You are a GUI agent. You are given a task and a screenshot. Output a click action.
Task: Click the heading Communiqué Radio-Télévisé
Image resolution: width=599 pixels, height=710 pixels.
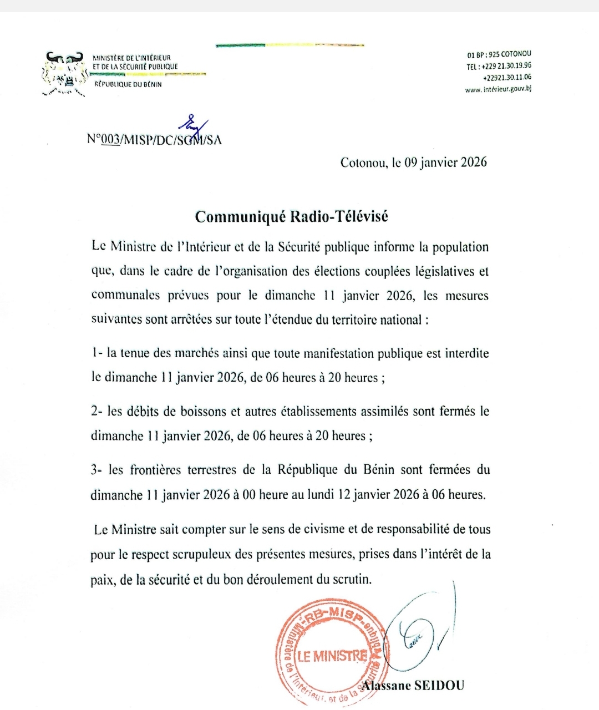[x=291, y=216]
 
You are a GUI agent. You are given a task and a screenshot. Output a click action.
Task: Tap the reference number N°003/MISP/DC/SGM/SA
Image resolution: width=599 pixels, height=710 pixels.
[x=154, y=140]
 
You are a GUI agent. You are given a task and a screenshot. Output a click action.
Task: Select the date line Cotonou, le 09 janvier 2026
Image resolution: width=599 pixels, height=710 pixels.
[x=413, y=163]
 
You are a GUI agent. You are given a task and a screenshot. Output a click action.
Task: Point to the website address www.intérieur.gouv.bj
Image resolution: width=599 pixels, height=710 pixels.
[x=498, y=89]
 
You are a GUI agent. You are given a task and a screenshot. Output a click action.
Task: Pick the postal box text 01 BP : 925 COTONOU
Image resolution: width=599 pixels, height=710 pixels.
[x=499, y=54]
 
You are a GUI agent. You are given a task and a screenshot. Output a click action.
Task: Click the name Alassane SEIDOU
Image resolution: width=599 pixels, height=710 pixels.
[x=413, y=686]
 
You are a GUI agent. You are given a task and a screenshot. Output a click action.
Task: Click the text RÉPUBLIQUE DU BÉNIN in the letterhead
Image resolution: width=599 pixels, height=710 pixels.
[x=128, y=84]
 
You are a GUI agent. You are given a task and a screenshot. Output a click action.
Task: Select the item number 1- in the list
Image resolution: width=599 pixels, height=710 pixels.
[x=97, y=353]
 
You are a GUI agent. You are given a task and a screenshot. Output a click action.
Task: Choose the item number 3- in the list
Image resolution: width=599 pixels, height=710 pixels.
[x=97, y=470]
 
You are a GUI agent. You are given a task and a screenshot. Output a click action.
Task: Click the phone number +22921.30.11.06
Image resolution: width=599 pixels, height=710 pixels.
[x=507, y=78]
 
